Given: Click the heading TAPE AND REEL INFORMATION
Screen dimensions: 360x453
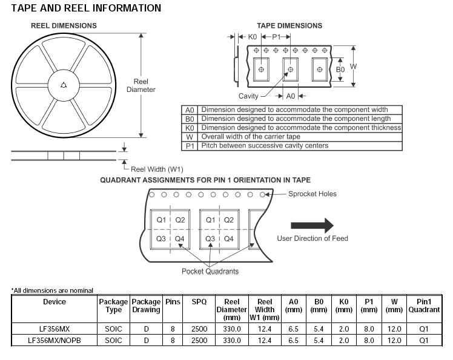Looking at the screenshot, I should [x=86, y=8].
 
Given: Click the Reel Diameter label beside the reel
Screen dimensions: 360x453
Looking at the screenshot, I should [x=141, y=86].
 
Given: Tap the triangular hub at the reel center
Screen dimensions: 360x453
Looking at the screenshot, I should [x=64, y=86].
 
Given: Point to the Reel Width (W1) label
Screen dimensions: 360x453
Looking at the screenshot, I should [x=157, y=169].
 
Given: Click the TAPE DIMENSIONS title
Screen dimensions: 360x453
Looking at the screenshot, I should [x=289, y=26].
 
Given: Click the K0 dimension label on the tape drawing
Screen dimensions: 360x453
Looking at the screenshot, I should [x=253, y=37].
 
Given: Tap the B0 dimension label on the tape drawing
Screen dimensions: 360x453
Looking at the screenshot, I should [x=340, y=70].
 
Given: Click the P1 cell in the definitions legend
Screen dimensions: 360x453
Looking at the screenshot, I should [x=190, y=146].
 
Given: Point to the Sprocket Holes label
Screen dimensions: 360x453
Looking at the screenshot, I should [x=312, y=194].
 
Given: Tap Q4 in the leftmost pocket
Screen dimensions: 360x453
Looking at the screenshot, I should [x=179, y=239].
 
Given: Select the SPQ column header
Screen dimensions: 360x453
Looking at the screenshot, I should [x=199, y=301].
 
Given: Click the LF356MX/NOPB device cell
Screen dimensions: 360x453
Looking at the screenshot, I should [x=55, y=341].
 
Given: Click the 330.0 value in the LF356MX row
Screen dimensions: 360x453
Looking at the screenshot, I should [x=232, y=329].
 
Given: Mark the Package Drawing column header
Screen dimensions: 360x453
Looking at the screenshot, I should [x=146, y=306].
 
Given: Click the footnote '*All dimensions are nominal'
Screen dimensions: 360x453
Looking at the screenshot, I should [x=53, y=290].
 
